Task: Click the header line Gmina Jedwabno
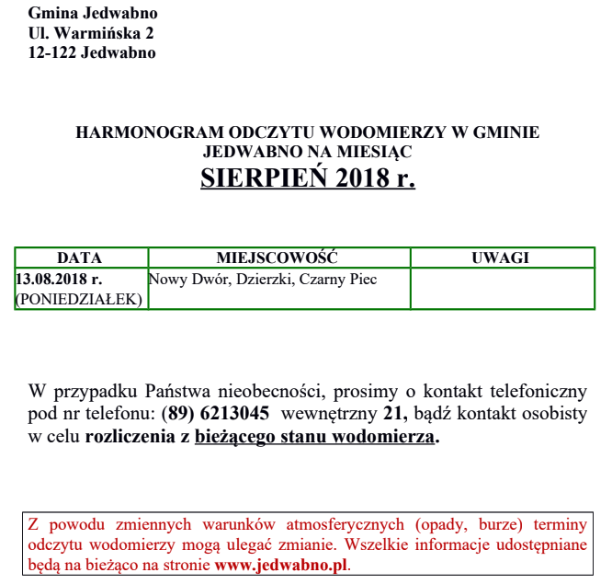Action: pos(93,14)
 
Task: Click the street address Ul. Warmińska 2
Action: pos(91,33)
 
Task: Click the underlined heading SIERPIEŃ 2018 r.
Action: pos(307,177)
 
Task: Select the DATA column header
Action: pos(80,258)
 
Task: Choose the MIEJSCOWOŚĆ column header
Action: pos(278,258)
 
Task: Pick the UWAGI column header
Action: pos(501,258)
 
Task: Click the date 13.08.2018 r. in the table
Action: pos(59,279)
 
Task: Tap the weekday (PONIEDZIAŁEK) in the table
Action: pos(79,299)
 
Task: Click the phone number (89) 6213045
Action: pos(215,413)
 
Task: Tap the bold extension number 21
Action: pos(395,413)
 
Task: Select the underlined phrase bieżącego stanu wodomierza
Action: pos(313,438)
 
